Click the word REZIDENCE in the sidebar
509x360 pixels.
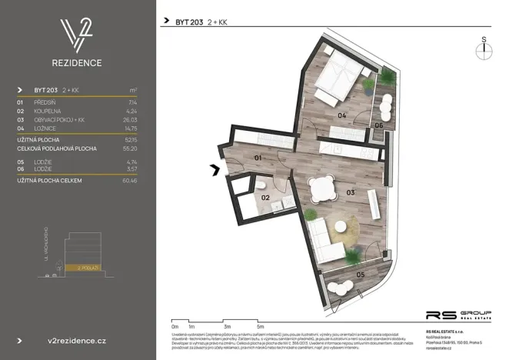pos(78,62)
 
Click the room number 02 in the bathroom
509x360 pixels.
pos(266,197)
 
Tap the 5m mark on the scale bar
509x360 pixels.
pos(261,326)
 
